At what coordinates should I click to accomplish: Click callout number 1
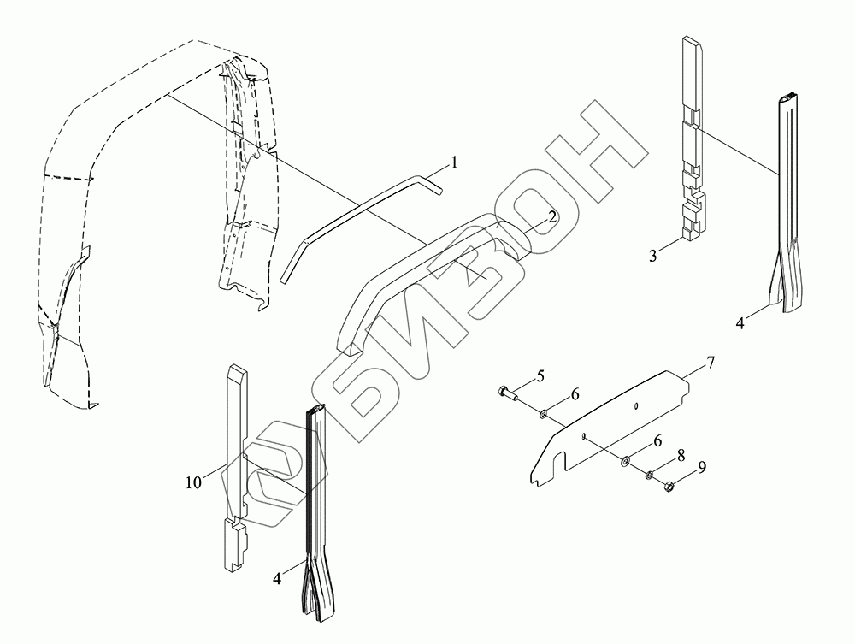[455, 162]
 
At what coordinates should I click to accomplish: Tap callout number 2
[552, 217]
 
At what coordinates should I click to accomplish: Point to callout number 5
[540, 375]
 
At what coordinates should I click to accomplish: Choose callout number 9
[703, 469]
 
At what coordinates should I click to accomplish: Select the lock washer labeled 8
[650, 475]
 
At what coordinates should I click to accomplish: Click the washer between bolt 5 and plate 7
[544, 414]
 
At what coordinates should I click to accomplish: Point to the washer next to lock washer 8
[627, 462]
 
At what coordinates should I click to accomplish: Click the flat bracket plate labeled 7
[616, 423]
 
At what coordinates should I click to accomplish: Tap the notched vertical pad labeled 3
[693, 145]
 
